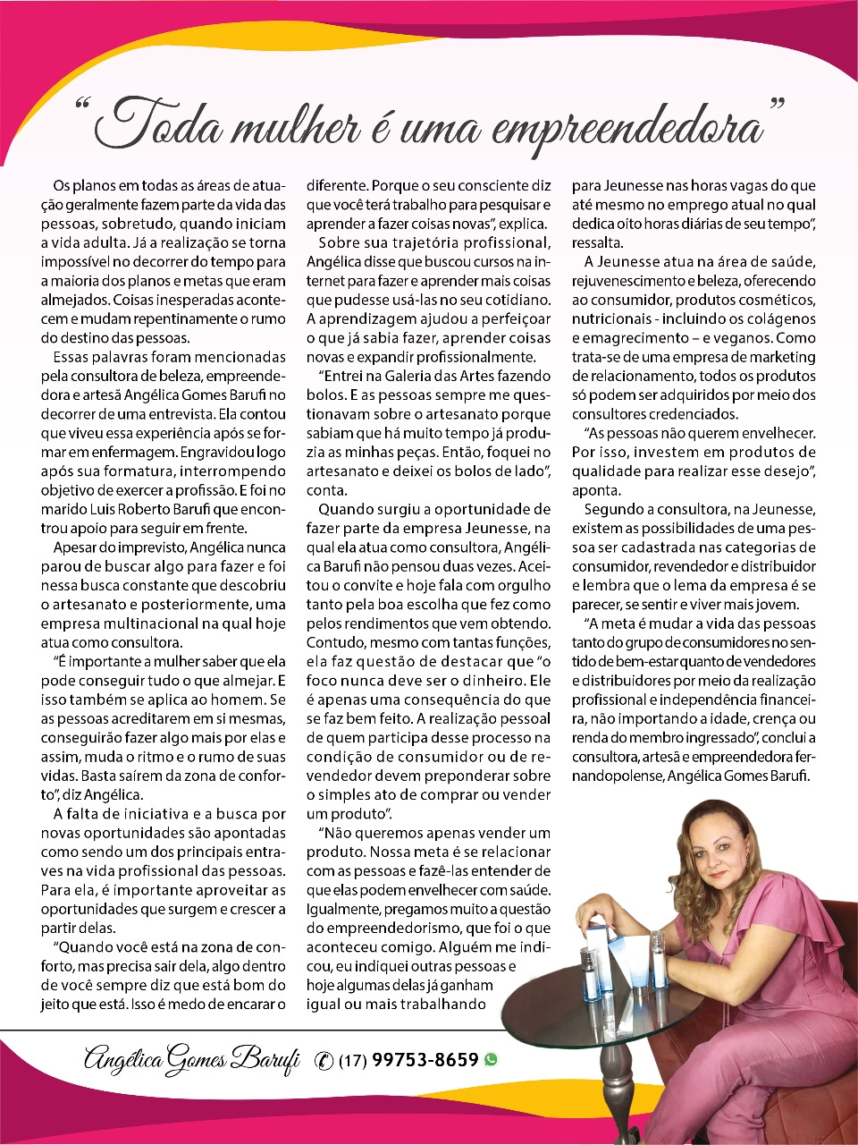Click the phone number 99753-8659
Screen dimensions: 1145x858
425,1060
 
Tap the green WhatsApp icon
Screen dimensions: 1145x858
491,1060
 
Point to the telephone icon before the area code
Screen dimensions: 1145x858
324,1061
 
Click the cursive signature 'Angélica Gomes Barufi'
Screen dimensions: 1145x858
191,1059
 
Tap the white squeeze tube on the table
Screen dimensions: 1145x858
640,962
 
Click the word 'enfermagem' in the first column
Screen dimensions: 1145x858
135,453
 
